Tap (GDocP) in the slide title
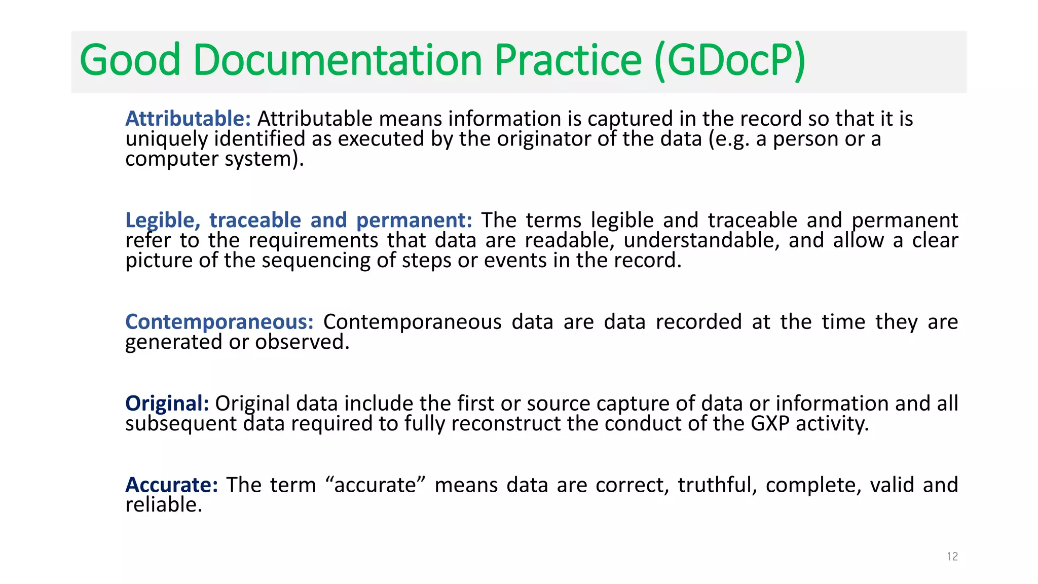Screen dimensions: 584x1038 729,61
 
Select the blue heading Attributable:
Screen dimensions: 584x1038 188,119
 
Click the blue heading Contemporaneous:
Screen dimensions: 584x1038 219,322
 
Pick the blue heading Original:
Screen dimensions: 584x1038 167,404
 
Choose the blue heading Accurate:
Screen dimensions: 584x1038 171,485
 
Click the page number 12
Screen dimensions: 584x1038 952,557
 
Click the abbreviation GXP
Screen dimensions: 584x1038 770,424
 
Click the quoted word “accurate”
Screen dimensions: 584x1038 375,485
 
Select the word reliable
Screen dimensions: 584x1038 164,505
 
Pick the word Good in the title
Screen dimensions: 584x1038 130,60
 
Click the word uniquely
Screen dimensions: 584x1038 166,139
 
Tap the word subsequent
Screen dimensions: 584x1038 181,424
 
